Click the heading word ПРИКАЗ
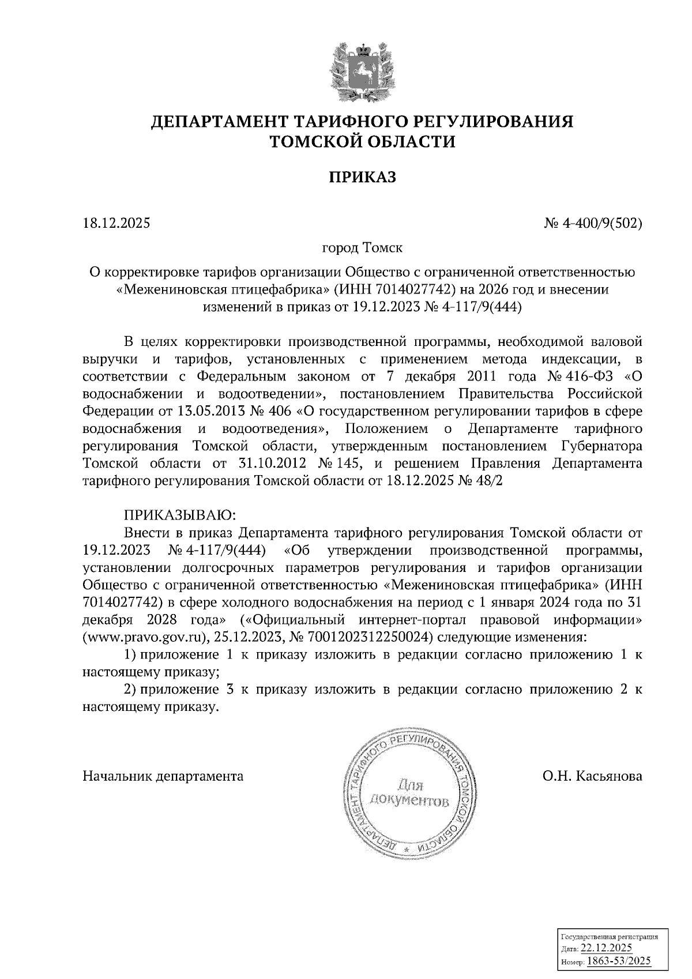(362, 177)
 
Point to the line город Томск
(362, 248)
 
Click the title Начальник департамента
(163, 775)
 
